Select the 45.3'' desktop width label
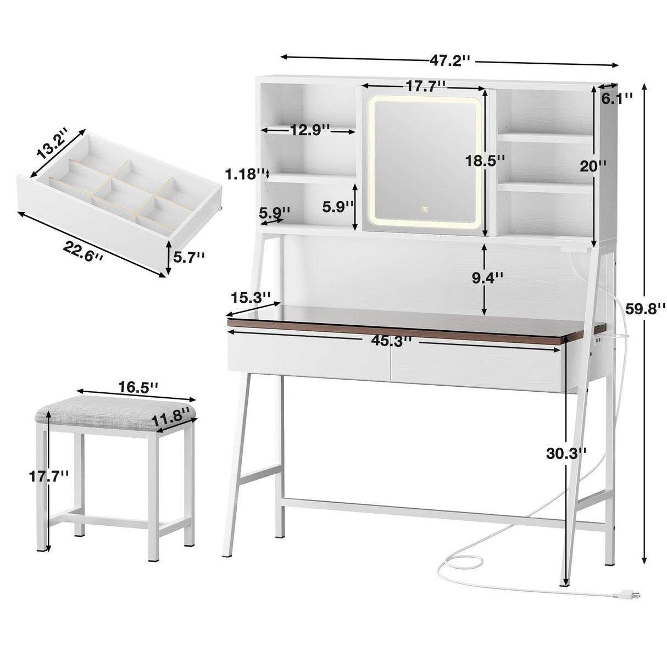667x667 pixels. click(x=391, y=341)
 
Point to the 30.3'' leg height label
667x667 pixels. click(x=566, y=453)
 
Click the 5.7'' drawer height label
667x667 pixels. click(x=190, y=256)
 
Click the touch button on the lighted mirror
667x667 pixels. click(x=425, y=209)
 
